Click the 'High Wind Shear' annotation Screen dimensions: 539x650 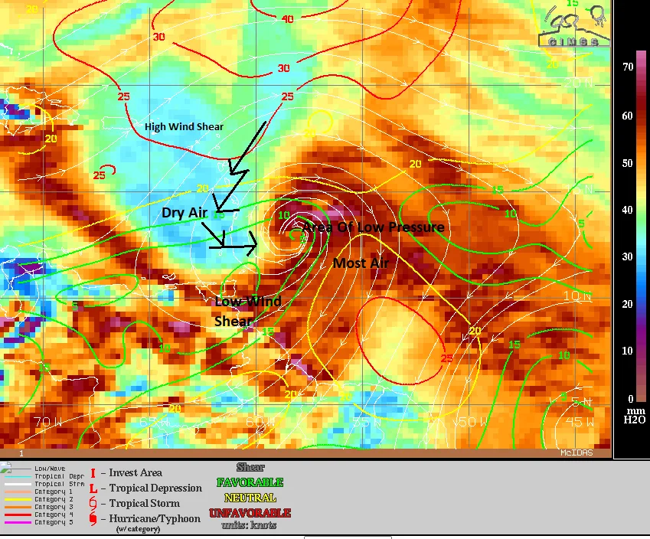click(x=185, y=126)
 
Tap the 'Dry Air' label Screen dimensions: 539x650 click(x=185, y=213)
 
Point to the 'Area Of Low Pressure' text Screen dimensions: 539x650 click(x=373, y=227)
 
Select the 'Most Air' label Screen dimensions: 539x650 click(x=361, y=263)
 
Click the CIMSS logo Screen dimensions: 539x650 click(x=573, y=26)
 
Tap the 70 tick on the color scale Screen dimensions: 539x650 click(x=628, y=67)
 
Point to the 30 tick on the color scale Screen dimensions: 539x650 click(x=628, y=256)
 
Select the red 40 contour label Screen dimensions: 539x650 click(x=287, y=19)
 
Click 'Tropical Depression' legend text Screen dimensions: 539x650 click(x=155, y=488)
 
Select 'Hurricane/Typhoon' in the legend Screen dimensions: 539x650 click(x=155, y=518)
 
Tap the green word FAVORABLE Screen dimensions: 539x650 click(x=250, y=482)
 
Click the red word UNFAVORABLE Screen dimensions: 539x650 click(x=250, y=512)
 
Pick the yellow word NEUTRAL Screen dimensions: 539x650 click(x=250, y=498)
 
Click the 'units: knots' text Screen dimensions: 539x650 click(x=250, y=525)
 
